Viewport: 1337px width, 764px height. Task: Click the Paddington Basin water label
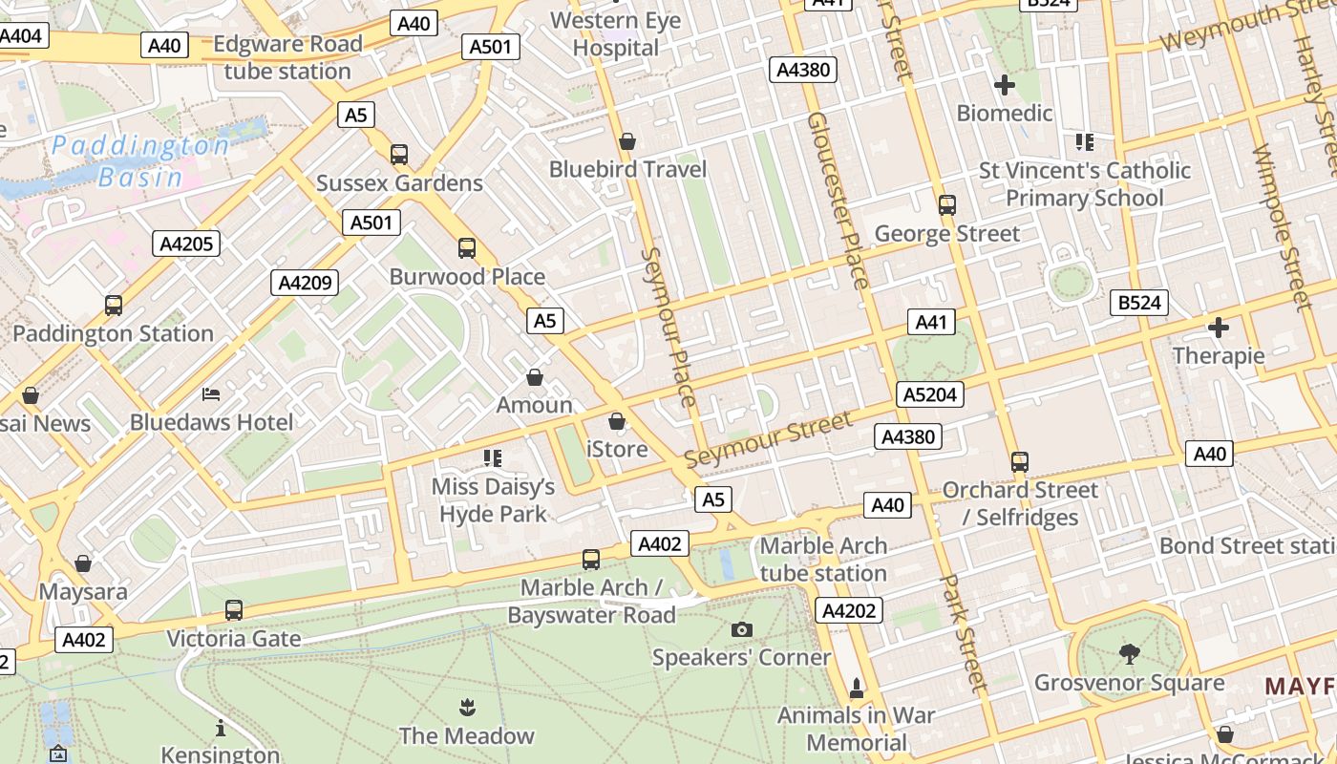coord(140,161)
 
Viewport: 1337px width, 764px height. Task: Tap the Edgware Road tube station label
coord(287,57)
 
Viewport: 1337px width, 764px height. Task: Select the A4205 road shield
coord(186,244)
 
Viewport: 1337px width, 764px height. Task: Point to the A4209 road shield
coord(305,283)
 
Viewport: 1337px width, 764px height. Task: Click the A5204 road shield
coord(930,394)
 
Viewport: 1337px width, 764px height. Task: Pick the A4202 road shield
coord(849,610)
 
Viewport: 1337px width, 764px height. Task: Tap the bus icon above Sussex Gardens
coord(399,154)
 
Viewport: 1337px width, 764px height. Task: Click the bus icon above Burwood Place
coord(467,248)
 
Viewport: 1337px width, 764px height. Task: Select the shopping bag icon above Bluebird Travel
coord(627,141)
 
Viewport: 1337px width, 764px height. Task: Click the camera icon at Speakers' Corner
coord(741,629)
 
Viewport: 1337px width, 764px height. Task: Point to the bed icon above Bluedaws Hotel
coord(211,393)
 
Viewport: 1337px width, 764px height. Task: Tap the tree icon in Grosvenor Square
coord(1130,654)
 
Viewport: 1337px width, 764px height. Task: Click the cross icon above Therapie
coord(1219,328)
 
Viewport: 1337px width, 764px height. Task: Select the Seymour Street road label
coord(768,440)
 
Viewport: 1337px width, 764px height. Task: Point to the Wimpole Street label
coord(1279,227)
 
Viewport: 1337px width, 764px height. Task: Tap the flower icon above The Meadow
coord(466,708)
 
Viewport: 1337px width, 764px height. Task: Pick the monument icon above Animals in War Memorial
coord(857,688)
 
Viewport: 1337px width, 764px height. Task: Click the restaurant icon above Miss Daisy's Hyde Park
coord(493,458)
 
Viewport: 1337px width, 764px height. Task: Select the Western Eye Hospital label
coord(616,33)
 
